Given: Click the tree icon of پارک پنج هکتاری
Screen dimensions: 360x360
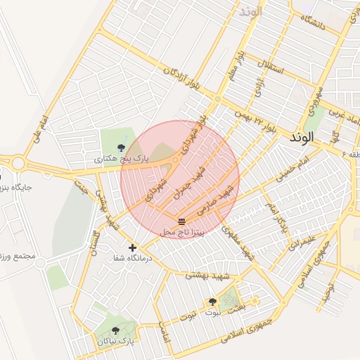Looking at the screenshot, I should point(122,147).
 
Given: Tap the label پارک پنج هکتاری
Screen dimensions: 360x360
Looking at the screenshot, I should point(122,160).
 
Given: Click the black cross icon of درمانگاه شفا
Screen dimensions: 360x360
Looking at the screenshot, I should point(132,247).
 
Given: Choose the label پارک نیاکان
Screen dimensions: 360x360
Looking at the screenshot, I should point(115,341).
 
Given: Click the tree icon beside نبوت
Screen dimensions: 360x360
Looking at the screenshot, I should point(212,302).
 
